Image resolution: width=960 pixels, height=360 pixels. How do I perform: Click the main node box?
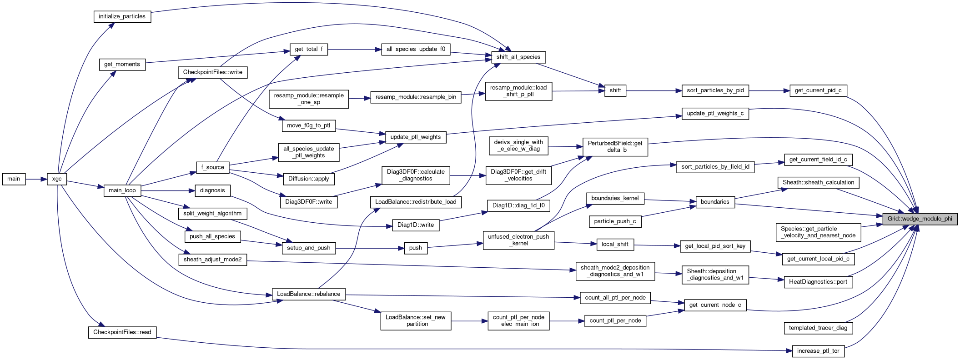[x=14, y=179]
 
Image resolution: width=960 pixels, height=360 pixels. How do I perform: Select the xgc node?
[x=57, y=179]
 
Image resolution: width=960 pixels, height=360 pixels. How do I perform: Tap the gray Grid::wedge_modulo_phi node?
[x=920, y=219]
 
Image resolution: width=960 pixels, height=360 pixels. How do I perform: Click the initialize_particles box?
[x=122, y=16]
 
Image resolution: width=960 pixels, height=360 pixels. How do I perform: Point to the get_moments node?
[x=122, y=65]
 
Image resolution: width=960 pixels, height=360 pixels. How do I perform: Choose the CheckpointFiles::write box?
[x=212, y=72]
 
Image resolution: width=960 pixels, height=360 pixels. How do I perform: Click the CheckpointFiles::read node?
[x=122, y=332]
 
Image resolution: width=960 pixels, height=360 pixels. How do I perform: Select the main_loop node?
[x=122, y=190]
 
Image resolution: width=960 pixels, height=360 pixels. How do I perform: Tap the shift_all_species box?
[x=518, y=57]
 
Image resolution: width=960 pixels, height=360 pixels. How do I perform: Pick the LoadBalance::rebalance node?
[x=308, y=294]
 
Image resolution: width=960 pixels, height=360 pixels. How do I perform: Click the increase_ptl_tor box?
[x=818, y=351]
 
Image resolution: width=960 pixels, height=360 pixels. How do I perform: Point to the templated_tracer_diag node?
[x=818, y=328]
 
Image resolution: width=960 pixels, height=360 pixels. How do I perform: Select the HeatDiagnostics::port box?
[x=818, y=282]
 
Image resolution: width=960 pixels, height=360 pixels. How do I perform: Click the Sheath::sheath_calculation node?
[x=818, y=183]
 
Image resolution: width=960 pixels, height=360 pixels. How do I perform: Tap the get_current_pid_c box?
[x=818, y=90]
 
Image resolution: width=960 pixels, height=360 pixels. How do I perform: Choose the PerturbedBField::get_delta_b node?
[x=615, y=147]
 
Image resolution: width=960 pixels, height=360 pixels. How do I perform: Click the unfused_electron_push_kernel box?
[x=518, y=240]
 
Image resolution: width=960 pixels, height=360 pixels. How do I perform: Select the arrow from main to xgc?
[x=36, y=179]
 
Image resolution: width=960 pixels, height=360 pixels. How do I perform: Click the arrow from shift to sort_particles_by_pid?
[x=654, y=91]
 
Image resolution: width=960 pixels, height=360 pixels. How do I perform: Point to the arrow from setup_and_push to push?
[x=370, y=248]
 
